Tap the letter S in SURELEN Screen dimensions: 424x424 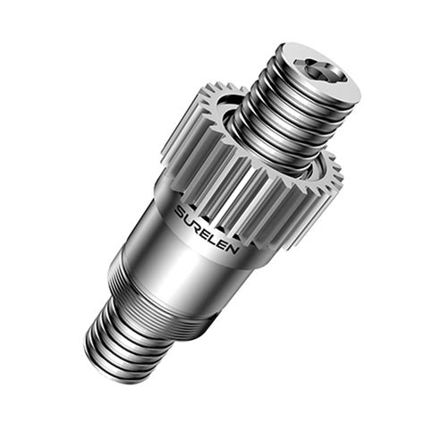(x=180, y=214)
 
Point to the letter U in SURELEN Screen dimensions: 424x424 (x=189, y=221)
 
